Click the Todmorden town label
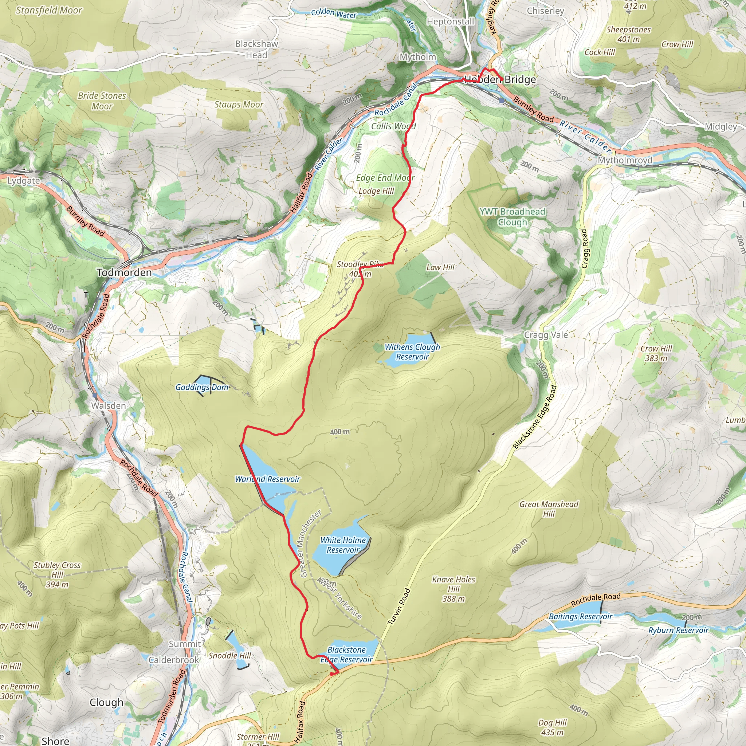124,272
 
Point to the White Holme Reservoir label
343,545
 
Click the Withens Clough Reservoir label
412,352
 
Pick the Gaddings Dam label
202,387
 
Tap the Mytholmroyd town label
625,160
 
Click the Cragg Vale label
546,335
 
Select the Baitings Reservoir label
580,617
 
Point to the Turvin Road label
398,606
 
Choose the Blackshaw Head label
256,50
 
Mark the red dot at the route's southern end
332,674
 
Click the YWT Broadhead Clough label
513,217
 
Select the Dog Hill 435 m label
552,727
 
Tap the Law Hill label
440,268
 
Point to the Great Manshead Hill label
548,509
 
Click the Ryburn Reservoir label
678,631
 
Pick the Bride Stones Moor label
102,101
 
